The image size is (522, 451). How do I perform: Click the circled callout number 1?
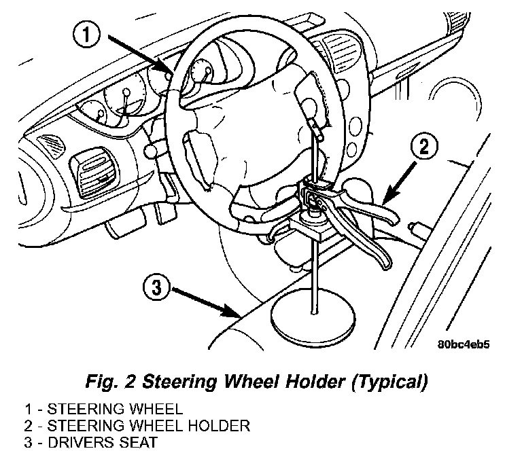(86, 34)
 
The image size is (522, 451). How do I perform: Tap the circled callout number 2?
(424, 146)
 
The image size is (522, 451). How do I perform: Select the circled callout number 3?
(156, 287)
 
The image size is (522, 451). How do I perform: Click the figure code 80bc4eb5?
(464, 344)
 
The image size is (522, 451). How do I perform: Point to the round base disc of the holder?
(313, 319)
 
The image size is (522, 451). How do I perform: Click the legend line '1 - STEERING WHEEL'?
(103, 409)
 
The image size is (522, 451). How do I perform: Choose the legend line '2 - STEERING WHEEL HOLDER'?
(137, 426)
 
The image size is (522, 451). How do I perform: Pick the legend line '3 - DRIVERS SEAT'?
(90, 442)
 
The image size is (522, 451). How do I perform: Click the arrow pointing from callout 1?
(139, 54)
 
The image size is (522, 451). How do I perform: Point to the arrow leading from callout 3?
(205, 302)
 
